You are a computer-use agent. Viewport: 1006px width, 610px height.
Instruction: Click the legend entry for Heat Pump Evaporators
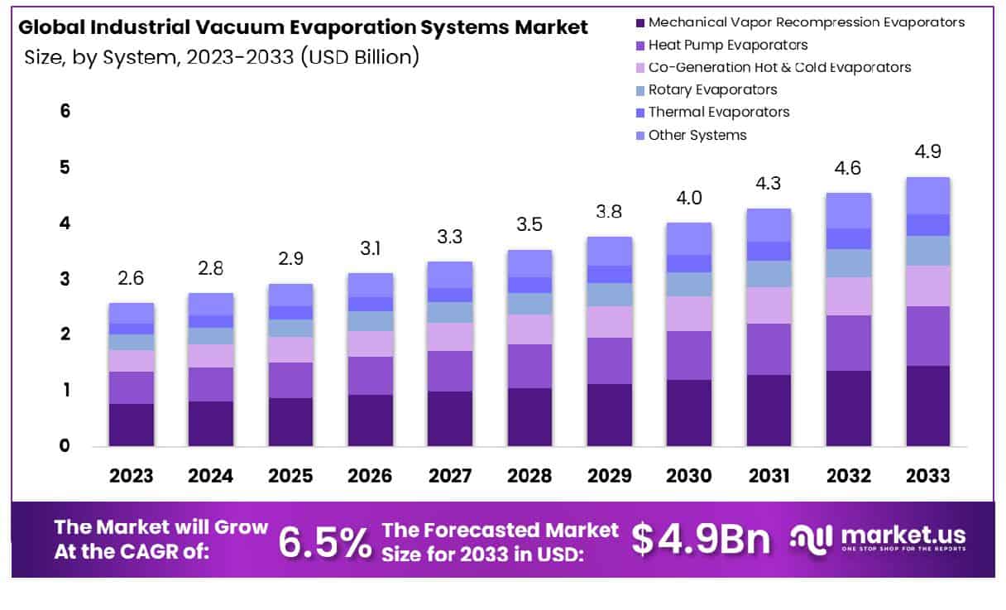[x=728, y=45]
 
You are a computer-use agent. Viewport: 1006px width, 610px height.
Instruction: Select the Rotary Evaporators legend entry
[x=712, y=89]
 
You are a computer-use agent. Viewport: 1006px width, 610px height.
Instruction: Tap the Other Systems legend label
[x=697, y=135]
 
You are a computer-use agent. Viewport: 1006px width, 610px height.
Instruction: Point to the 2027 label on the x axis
[x=449, y=476]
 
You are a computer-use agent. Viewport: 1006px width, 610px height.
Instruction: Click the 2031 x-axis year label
[x=769, y=476]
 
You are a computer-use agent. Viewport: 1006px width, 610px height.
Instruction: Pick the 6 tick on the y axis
[x=65, y=111]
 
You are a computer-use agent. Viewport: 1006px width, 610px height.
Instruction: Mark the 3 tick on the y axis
[x=65, y=279]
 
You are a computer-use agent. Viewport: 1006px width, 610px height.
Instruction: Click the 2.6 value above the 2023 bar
[x=131, y=278]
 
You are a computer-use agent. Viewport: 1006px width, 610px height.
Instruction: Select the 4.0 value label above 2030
[x=689, y=198]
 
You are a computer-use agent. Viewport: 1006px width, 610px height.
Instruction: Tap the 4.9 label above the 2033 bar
[x=927, y=152]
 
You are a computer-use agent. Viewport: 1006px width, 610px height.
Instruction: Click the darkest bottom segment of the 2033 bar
[x=927, y=406]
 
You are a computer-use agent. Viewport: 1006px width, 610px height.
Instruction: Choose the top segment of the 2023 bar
[x=131, y=313]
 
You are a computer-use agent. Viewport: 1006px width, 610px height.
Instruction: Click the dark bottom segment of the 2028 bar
[x=529, y=416]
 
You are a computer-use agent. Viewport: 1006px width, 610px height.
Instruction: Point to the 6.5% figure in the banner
[x=324, y=541]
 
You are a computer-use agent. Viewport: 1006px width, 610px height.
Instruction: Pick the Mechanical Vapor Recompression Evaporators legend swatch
[x=638, y=22]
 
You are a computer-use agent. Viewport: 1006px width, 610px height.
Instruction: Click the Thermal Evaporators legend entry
[x=718, y=112]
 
